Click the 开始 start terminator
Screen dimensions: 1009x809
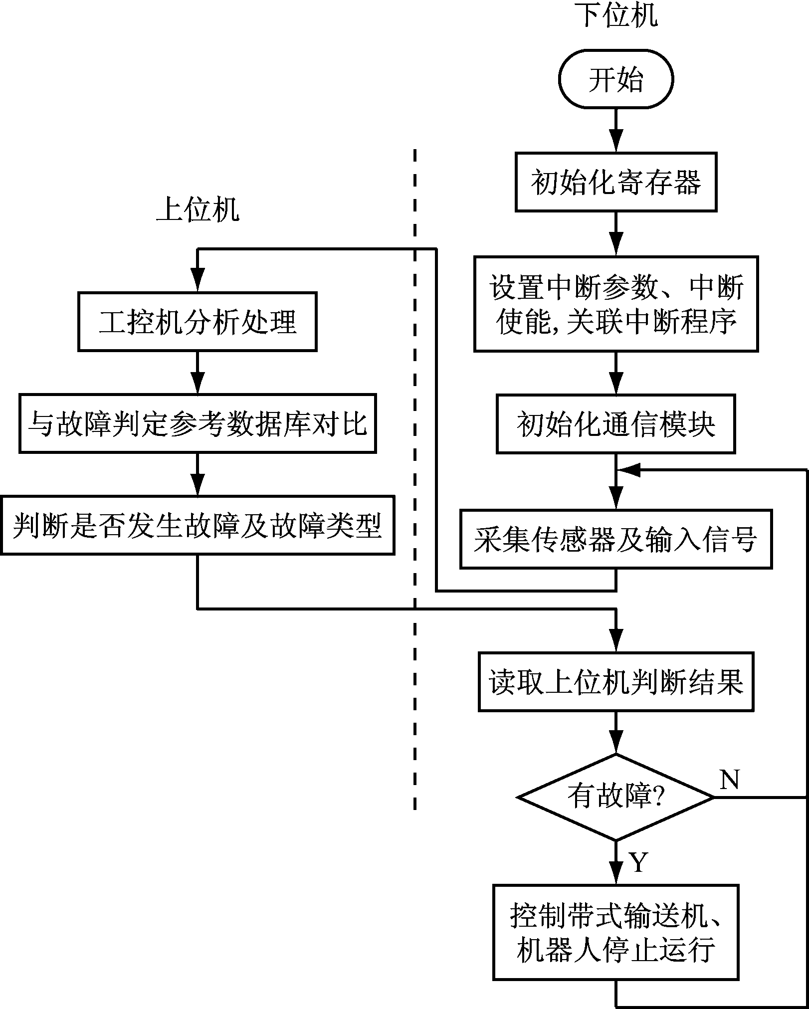coord(616,79)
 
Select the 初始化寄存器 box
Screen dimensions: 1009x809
coord(616,182)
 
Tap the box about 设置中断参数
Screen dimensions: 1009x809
coord(616,304)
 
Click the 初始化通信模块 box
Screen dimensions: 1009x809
coord(616,424)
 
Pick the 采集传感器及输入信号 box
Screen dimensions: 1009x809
coord(616,539)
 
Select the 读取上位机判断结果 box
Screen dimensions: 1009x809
coord(616,681)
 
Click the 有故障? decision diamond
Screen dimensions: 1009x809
coord(616,797)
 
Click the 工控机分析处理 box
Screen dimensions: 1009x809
coord(198,322)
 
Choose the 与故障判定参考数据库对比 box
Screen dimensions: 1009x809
coord(198,423)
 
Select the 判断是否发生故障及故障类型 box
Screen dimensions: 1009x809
coord(198,525)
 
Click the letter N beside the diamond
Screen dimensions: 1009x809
coord(729,779)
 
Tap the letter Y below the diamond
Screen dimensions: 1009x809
coord(638,862)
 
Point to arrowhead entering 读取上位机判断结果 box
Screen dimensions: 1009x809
coord(616,641)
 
